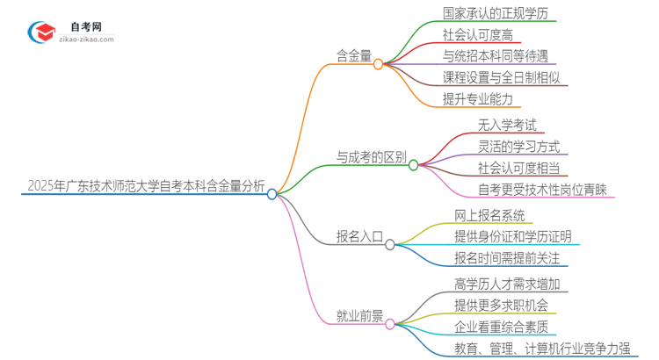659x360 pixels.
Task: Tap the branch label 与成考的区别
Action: pos(372,158)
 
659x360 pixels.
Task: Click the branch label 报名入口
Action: pos(359,236)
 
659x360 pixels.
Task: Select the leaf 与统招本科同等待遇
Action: pos(495,56)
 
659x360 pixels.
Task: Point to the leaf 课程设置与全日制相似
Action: pos(505,77)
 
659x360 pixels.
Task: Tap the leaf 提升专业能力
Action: pos(477,98)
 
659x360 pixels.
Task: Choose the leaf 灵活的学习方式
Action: pos(518,147)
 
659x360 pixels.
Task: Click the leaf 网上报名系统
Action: pos(489,215)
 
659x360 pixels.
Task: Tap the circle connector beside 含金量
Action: pos(379,64)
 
